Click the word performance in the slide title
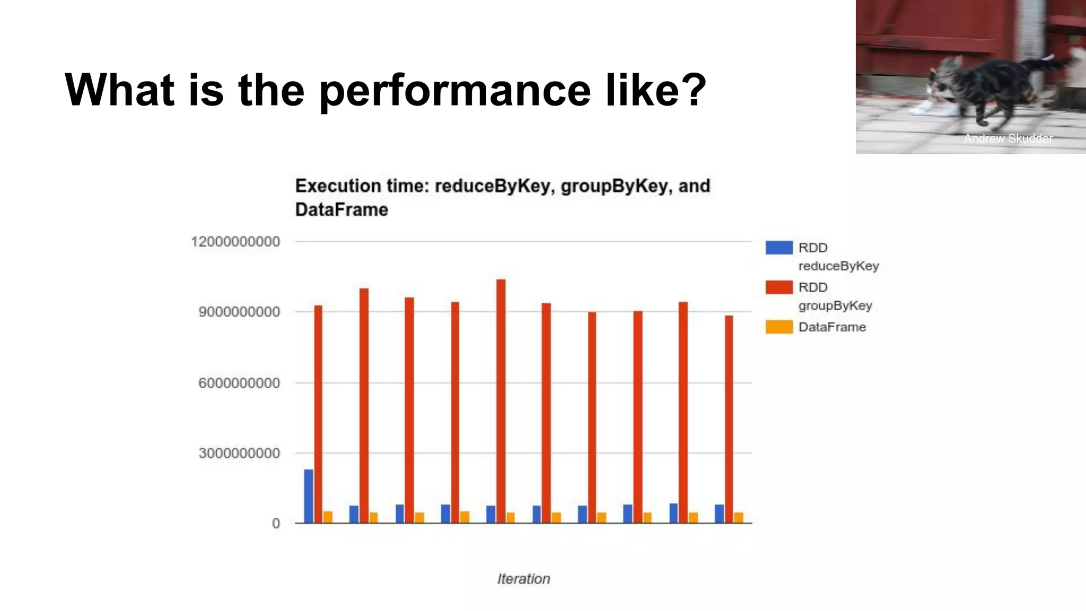[455, 90]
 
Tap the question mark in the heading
[691, 89]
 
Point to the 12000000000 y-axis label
[235, 242]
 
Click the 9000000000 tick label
[239, 312]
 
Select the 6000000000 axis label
[239, 383]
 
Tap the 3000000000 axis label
[239, 453]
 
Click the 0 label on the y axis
[276, 524]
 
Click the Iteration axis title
[523, 579]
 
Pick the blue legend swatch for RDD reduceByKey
[778, 248]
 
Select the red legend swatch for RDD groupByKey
[778, 287]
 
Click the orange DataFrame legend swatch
[778, 327]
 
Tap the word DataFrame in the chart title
[341, 210]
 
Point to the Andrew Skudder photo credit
[1008, 138]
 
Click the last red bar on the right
[729, 419]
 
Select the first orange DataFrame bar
[328, 517]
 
